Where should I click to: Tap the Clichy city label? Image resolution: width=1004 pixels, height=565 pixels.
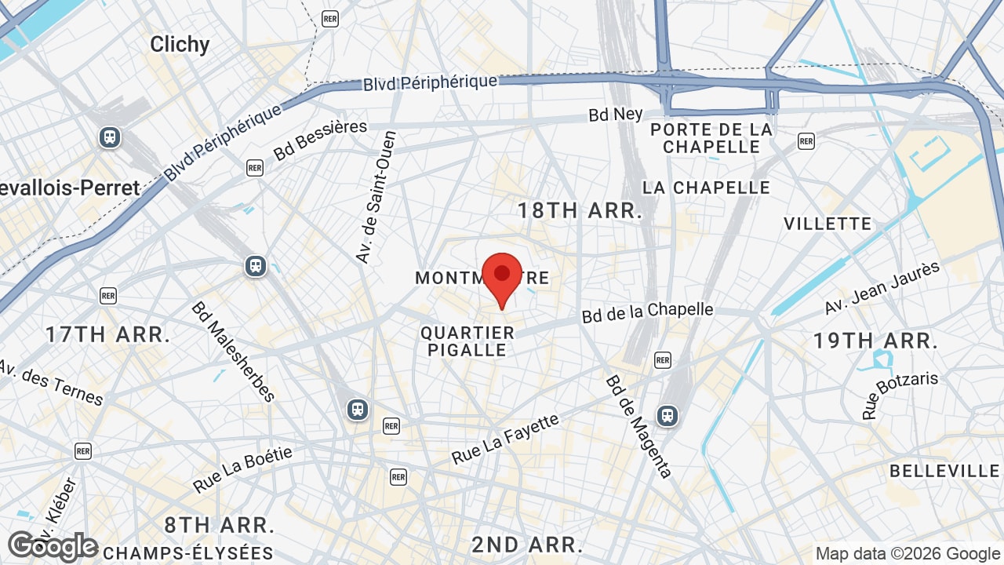click(x=180, y=45)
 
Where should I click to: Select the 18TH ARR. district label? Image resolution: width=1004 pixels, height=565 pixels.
click(x=580, y=210)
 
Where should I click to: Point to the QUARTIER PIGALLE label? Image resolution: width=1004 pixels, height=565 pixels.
click(x=467, y=341)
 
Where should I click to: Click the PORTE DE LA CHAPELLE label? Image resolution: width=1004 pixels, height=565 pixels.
click(x=711, y=138)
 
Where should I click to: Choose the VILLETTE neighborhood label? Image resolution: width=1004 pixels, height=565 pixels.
click(x=828, y=224)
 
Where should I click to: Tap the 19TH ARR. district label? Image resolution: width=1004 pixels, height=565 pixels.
click(x=875, y=341)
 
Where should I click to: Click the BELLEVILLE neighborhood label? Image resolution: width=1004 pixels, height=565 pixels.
click(x=944, y=471)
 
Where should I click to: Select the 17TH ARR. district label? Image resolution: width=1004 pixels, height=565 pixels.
click(x=107, y=335)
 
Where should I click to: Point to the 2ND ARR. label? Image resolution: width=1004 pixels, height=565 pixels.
click(x=527, y=545)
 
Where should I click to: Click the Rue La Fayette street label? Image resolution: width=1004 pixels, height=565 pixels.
click(x=505, y=439)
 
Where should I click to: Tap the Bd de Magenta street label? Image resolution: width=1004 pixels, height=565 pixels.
click(x=638, y=426)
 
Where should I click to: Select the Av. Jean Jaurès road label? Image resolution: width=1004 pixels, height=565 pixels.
click(x=882, y=288)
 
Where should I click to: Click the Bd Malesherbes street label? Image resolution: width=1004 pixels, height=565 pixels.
click(x=232, y=351)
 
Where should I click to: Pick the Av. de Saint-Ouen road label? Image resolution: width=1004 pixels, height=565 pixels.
click(x=376, y=196)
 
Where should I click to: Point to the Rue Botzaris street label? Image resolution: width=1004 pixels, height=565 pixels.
click(x=900, y=394)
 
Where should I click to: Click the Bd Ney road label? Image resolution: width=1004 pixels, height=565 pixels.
click(x=616, y=115)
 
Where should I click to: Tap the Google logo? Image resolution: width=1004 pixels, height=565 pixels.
click(x=53, y=547)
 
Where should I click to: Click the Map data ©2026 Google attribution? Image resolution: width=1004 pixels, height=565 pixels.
click(x=908, y=554)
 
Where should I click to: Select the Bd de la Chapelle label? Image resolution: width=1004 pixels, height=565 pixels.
click(x=647, y=312)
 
